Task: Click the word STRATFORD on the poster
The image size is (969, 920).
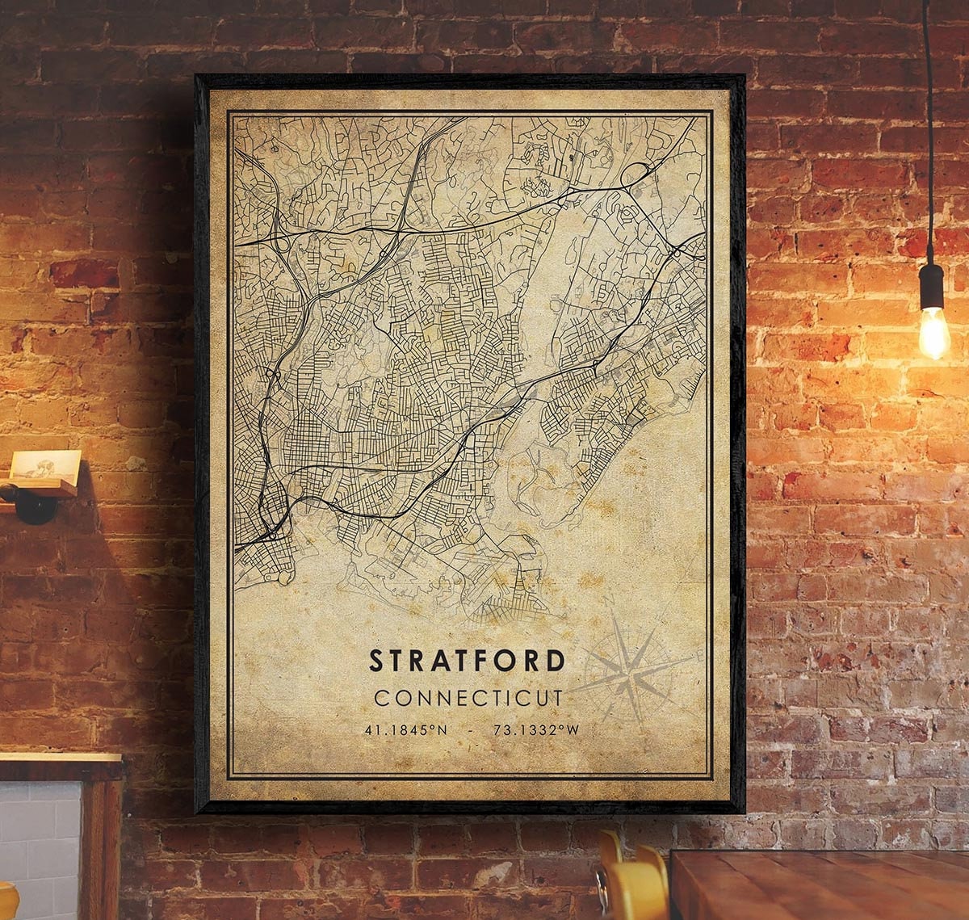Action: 468,661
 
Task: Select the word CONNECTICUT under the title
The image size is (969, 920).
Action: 468,696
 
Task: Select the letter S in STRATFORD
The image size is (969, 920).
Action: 376,661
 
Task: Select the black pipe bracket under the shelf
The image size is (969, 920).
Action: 32,505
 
